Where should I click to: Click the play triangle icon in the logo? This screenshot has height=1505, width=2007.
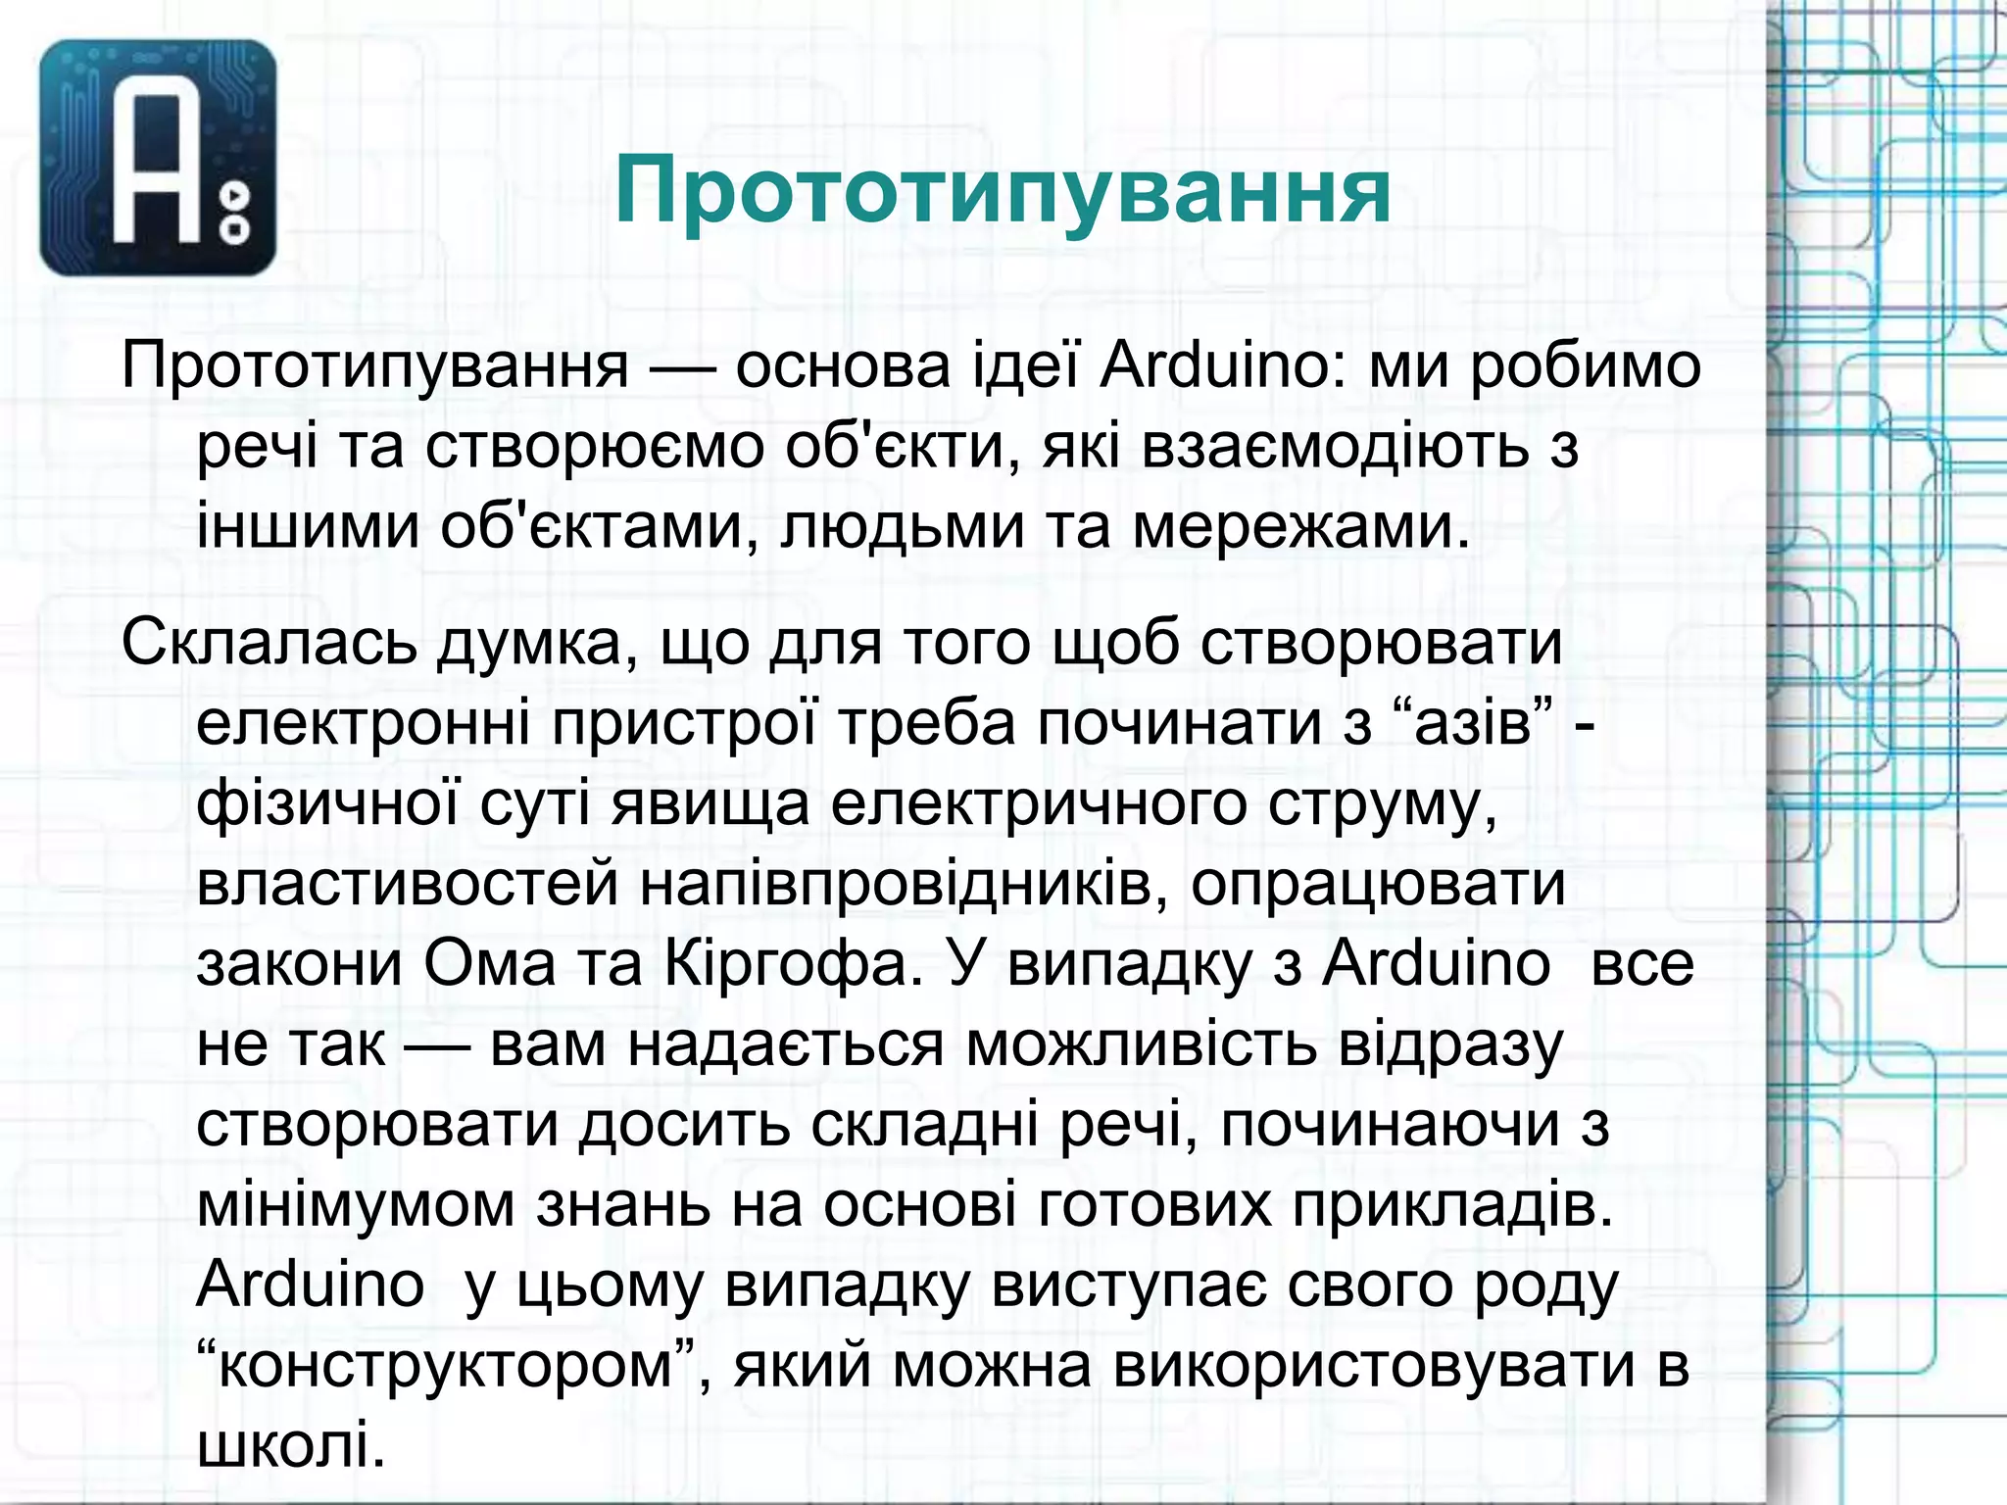tap(235, 197)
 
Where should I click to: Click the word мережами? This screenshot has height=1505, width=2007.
tap(1302, 527)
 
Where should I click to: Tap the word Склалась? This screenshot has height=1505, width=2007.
tap(269, 643)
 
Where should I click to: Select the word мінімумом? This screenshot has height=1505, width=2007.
tap(356, 1205)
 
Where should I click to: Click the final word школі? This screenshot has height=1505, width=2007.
tap(290, 1446)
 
